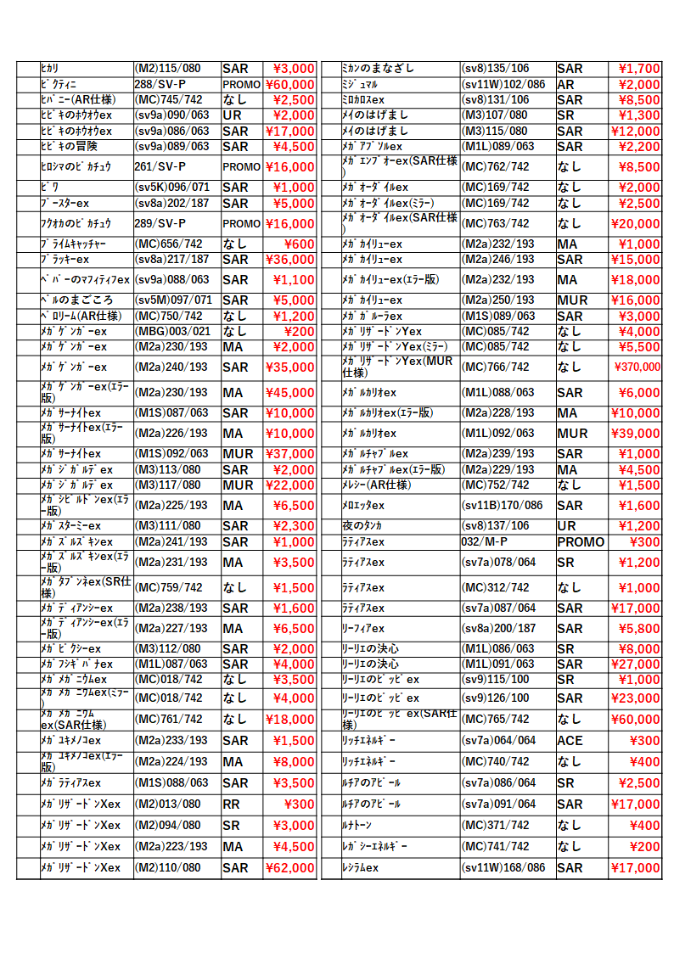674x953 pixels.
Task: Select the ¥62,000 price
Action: point(290,868)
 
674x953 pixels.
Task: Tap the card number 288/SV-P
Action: point(160,85)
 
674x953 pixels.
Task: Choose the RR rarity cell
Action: point(231,804)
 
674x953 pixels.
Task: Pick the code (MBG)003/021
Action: point(171,332)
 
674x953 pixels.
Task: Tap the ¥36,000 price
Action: point(290,260)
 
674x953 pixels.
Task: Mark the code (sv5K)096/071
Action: point(172,188)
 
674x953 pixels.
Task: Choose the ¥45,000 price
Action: point(290,393)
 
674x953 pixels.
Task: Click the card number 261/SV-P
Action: point(160,167)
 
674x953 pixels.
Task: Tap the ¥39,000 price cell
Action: point(635,434)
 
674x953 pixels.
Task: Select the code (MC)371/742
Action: point(495,826)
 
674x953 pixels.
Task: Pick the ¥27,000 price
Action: point(635,664)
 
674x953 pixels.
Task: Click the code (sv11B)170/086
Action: point(502,506)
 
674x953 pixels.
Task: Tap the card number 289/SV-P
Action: point(160,224)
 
